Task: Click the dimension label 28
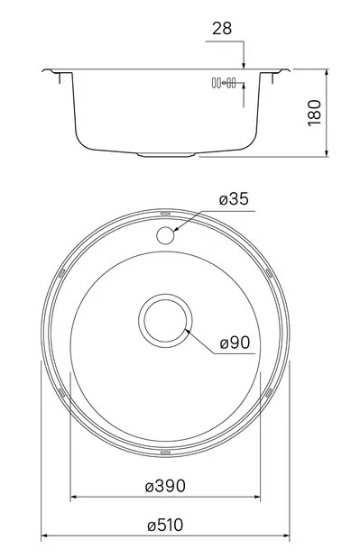(222, 29)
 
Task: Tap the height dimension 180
(314, 114)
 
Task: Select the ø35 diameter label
(234, 199)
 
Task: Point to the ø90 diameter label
(235, 343)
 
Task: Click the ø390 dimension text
(165, 486)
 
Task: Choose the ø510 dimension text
(165, 525)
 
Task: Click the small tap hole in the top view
(165, 235)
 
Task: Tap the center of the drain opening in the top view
(165, 321)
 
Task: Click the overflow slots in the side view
(224, 83)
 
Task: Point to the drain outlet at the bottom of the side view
(166, 155)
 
